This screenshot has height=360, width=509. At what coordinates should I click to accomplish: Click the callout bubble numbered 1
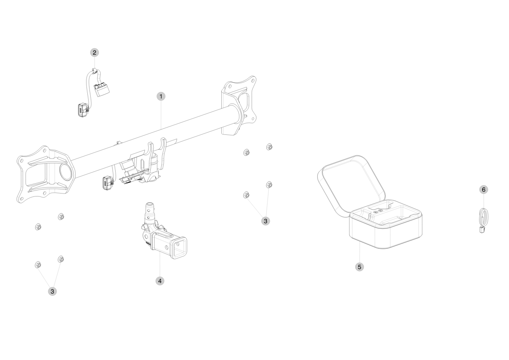tap(161, 96)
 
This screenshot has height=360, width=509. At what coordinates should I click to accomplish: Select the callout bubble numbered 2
tap(94, 53)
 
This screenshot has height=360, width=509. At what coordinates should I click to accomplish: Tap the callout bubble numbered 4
tap(160, 281)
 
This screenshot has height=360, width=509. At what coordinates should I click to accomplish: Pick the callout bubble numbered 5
tap(359, 267)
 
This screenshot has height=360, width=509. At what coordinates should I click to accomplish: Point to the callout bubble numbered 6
tap(484, 190)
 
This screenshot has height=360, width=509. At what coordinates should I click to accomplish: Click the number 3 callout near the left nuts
tap(52, 291)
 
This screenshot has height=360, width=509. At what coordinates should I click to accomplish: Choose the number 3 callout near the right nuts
tap(265, 221)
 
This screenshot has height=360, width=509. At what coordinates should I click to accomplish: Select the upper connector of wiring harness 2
tap(101, 89)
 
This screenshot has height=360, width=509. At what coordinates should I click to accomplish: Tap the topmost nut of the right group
tap(269, 147)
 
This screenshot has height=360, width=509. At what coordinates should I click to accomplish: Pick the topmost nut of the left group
tap(61, 217)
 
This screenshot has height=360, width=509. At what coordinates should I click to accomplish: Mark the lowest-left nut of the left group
tap(38, 265)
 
